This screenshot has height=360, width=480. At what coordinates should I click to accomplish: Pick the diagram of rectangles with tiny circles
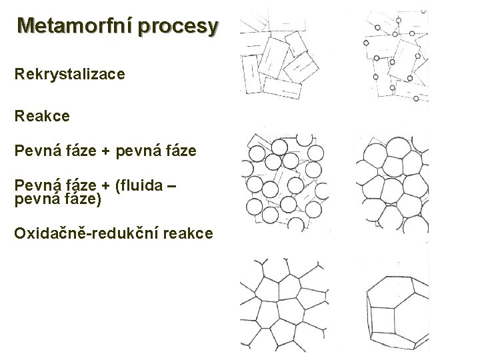point(395,57)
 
